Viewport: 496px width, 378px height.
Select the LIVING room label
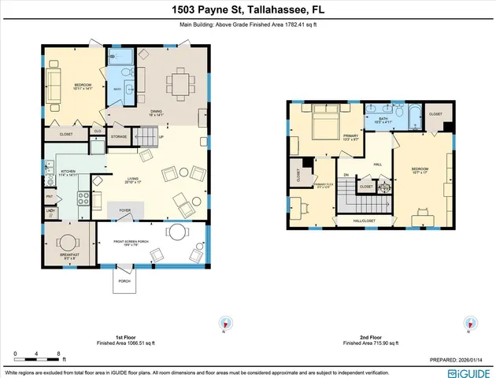(x=131, y=180)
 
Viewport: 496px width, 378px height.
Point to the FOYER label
(x=124, y=210)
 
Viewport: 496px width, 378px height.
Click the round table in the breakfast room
(x=68, y=242)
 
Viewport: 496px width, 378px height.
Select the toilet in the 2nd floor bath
(x=397, y=109)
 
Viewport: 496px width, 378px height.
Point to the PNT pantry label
(x=49, y=197)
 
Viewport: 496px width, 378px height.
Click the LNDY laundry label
(x=50, y=210)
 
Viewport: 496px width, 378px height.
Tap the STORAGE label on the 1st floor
(x=118, y=137)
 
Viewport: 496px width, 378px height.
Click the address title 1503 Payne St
(x=248, y=9)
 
